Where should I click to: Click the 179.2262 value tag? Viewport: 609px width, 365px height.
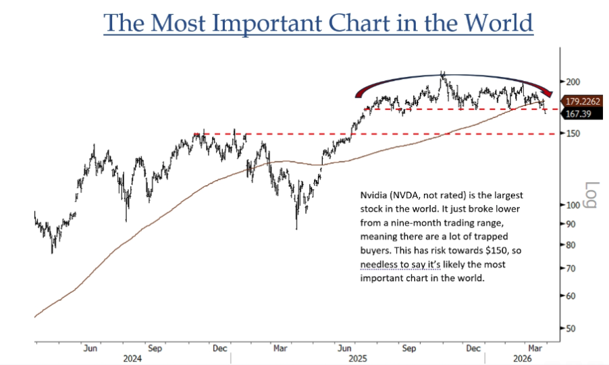pos(583,101)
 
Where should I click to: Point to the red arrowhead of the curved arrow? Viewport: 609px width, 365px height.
pos(548,95)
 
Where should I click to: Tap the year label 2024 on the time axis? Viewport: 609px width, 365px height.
pos(132,359)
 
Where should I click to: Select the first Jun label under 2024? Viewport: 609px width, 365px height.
pos(90,349)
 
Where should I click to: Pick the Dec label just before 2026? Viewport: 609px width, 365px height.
pos(474,349)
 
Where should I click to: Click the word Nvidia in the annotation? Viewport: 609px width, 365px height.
pos(371,194)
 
